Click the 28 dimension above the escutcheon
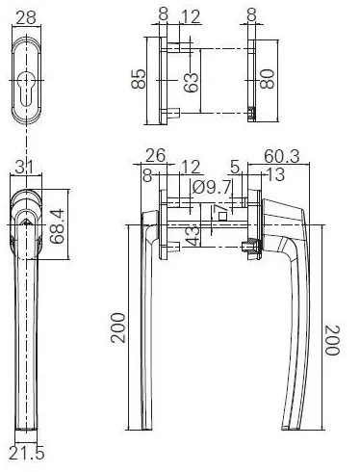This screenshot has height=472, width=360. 26,17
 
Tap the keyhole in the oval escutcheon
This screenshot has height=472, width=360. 26,88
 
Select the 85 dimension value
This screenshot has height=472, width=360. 139,79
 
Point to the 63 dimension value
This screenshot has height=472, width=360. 191,83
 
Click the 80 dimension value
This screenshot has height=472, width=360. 268,79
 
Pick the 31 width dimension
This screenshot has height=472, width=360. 24,168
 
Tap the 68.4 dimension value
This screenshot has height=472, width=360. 58,226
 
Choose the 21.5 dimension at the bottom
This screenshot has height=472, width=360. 26,454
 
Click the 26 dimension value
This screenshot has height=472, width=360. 156,155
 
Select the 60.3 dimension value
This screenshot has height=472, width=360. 281,156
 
